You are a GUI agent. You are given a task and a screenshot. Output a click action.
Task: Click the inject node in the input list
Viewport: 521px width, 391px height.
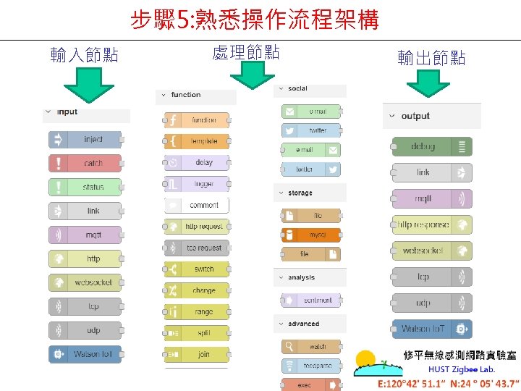85,140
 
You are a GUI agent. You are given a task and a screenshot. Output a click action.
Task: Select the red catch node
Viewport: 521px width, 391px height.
85,164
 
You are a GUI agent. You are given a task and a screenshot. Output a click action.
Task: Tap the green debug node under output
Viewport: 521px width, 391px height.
431,146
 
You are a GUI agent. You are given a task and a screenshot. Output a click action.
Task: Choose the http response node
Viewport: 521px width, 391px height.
431,224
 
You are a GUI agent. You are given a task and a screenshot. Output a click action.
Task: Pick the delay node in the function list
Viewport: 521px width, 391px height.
197,163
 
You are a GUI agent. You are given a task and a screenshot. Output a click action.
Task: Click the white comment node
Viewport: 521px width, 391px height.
197,206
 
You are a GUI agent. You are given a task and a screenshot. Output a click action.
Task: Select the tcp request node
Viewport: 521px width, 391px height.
197,248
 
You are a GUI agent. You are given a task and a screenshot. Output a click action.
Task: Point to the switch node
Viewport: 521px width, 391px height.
197,269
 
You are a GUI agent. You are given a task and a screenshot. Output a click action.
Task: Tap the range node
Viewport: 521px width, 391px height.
197,312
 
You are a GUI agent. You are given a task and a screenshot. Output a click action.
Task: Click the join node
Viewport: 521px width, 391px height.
197,355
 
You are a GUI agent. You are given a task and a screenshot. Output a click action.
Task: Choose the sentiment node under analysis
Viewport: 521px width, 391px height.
312,300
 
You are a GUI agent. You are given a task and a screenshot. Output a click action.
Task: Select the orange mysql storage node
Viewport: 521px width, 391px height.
312,235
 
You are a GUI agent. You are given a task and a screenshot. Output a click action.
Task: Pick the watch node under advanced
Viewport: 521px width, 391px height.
312,347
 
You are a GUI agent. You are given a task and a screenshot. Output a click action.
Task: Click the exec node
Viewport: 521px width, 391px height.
312,384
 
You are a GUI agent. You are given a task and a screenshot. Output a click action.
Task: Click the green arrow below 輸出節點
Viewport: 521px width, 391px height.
428,88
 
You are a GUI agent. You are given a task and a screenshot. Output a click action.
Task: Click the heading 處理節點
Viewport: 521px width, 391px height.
246,52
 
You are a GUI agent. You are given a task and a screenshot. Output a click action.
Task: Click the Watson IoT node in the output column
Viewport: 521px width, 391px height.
431,329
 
